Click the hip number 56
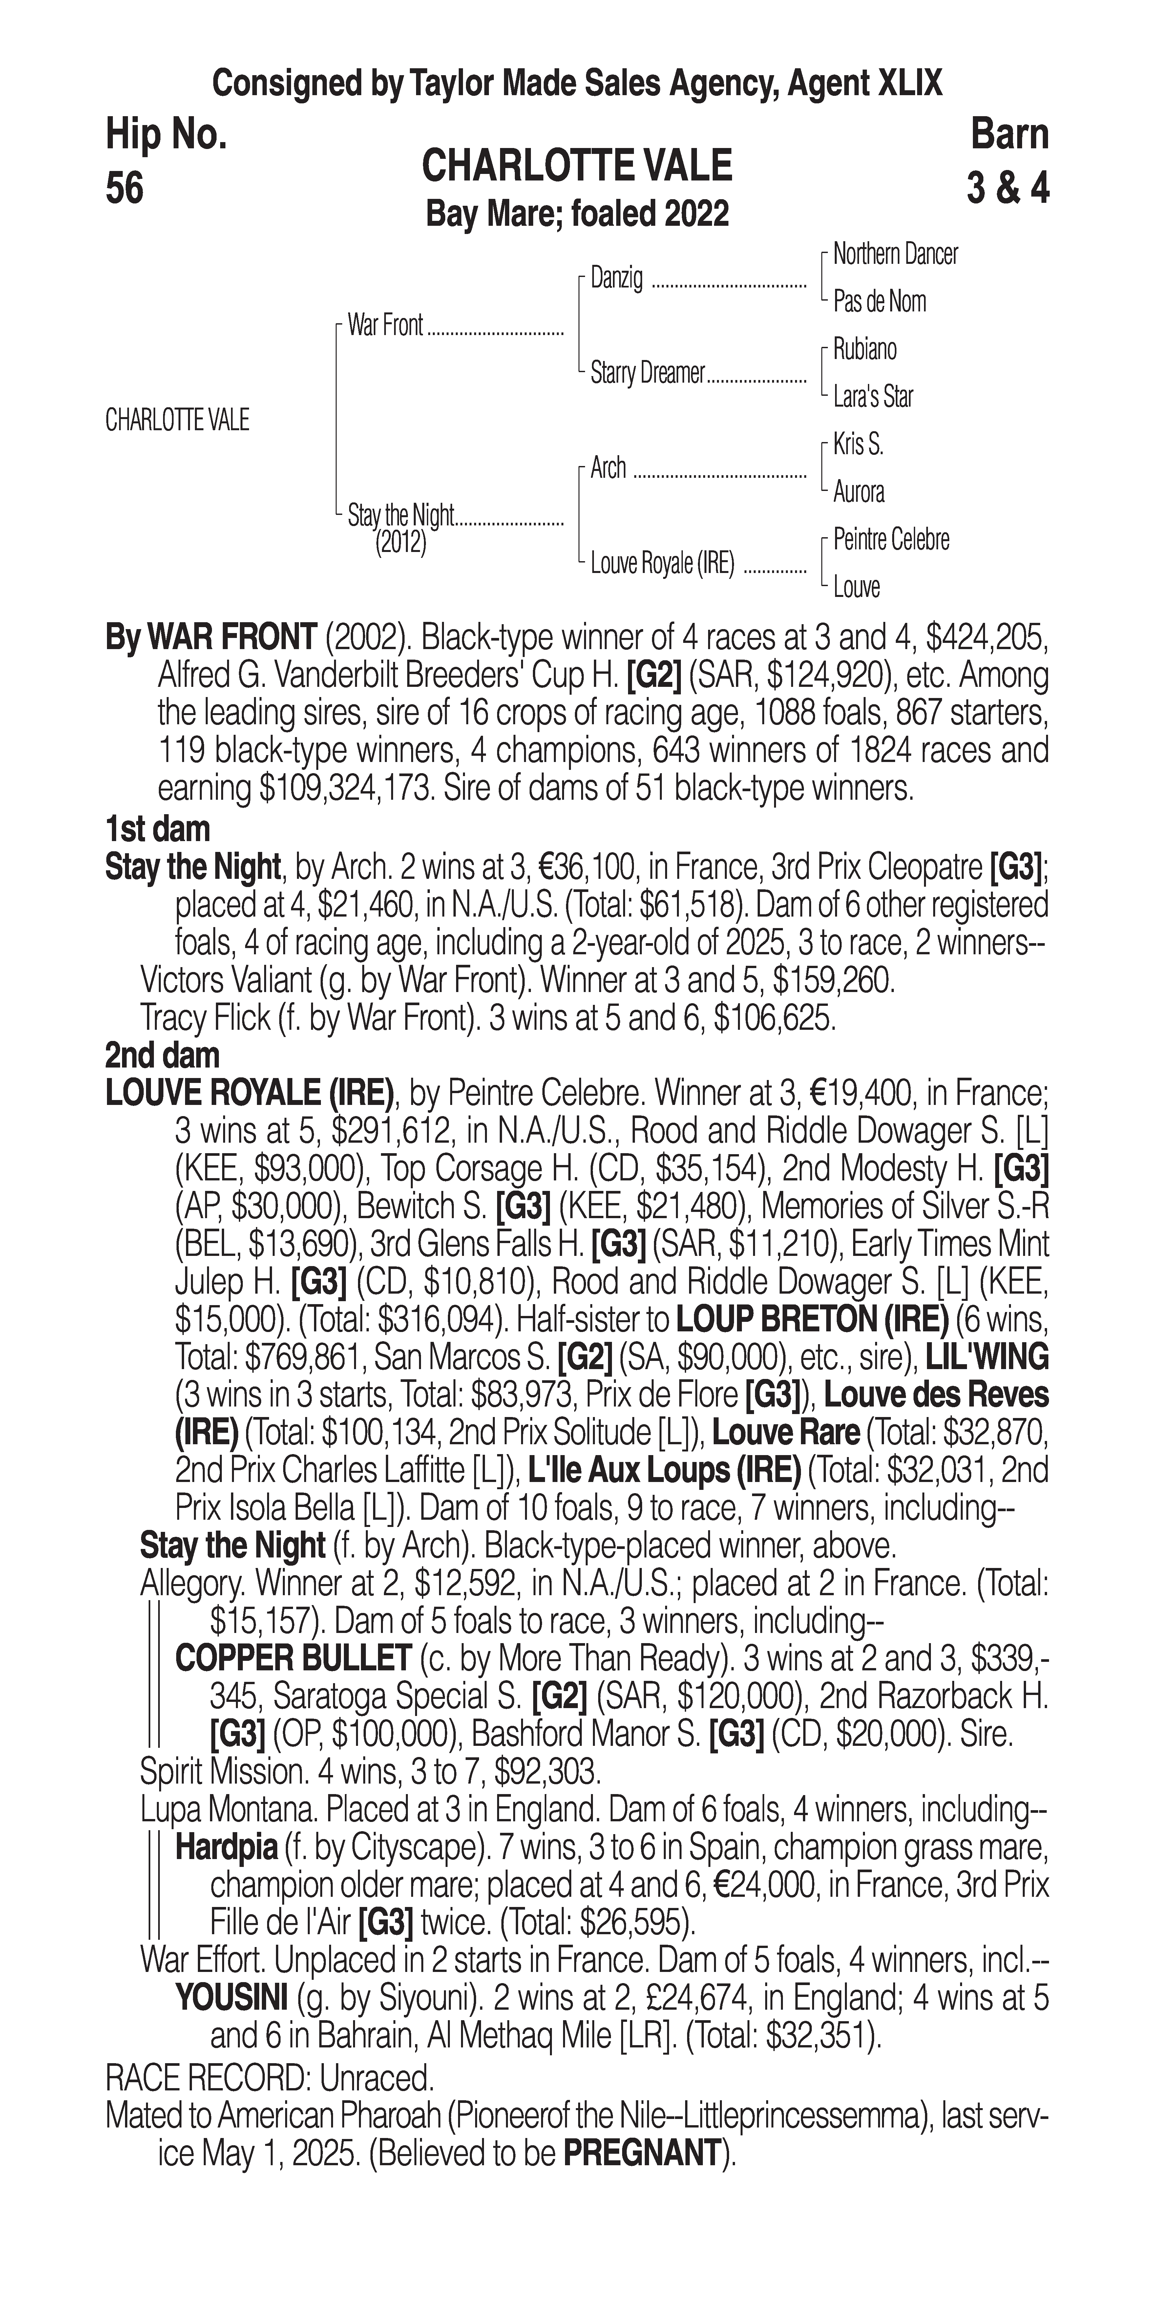pos(124,189)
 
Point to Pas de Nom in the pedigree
pos(879,302)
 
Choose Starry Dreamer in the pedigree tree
pos(647,373)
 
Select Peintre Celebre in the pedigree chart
pos(891,540)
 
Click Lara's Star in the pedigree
pos(873,397)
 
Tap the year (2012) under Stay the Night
pos(400,544)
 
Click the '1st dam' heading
pos(157,829)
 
